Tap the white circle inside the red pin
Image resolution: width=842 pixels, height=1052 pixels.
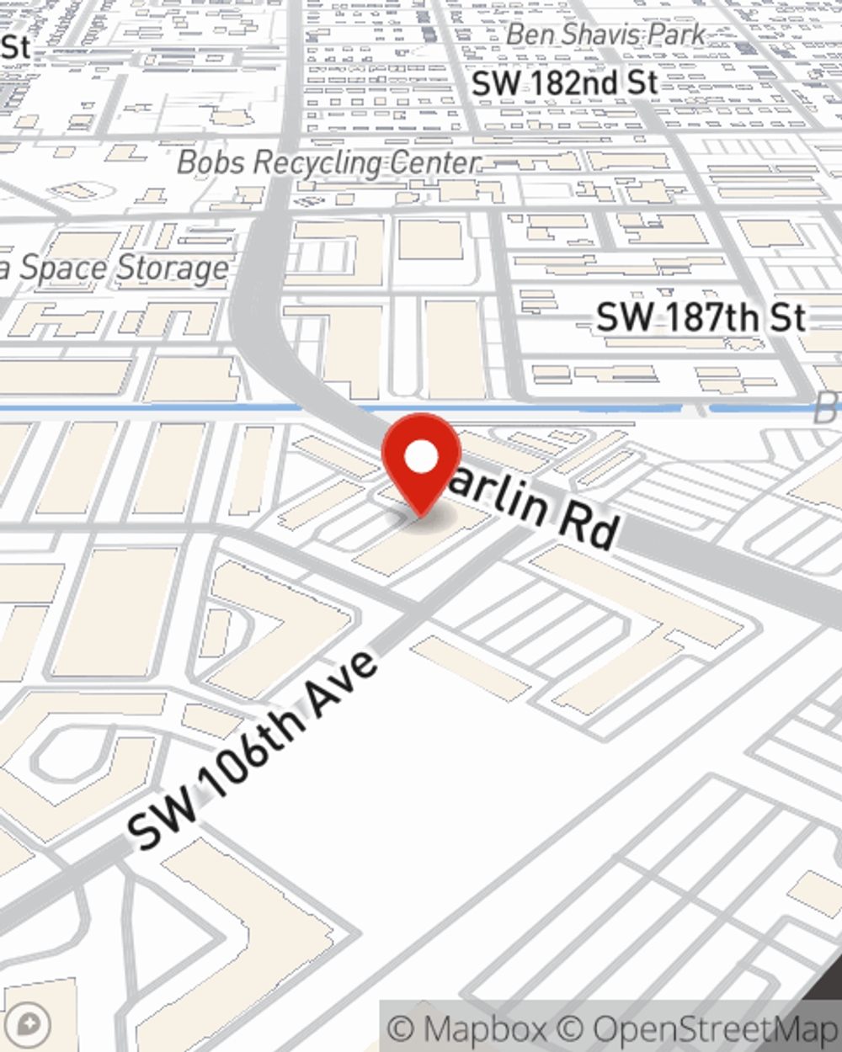[422, 457]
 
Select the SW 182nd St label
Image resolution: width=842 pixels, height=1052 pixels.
[564, 83]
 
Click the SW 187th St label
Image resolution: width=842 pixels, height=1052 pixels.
[701, 318]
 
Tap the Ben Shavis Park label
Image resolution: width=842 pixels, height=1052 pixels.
[606, 35]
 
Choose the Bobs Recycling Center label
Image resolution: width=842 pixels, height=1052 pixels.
[328, 162]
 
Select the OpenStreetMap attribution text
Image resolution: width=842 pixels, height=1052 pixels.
[716, 1029]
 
